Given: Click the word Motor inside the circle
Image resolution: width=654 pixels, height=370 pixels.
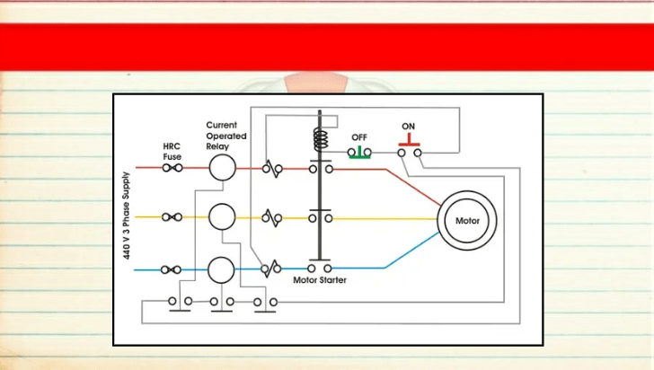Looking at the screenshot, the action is pos(467,221).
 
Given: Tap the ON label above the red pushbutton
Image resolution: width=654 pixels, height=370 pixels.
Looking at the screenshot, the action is pos(409,126).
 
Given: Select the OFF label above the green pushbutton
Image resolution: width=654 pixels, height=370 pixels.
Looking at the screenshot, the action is pos(359,137).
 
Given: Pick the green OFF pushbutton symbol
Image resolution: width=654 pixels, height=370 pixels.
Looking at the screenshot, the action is pos(359,153).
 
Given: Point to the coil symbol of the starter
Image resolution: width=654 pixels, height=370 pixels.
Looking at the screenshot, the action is pos(321,139).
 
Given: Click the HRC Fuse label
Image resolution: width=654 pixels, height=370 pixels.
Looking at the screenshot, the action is pos(172,152).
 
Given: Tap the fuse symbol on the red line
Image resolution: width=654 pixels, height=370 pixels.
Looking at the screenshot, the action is pos(172,168).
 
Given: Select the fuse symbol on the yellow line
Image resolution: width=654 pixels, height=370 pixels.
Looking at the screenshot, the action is pos(172,217).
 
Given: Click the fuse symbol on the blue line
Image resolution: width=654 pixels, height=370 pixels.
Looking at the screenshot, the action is pos(171,270).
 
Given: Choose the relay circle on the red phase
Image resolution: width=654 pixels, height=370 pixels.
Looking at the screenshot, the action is pos(222,167).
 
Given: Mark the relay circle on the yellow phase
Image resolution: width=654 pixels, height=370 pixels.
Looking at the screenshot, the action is pos(222,217).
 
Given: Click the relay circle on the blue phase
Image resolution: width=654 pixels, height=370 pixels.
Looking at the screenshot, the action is pos(221,270).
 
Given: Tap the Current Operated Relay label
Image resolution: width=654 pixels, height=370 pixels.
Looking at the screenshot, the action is pos(226,136).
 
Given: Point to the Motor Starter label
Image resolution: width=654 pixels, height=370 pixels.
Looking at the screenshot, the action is pos(320,280).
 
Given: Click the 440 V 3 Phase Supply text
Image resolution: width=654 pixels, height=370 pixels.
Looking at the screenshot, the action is pos(127,216).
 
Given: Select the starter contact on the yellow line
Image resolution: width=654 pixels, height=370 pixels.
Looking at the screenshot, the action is pos(321,218).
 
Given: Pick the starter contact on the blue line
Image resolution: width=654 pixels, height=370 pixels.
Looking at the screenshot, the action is pos(320,269).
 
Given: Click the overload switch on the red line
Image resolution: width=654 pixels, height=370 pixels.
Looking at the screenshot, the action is pos(272,169).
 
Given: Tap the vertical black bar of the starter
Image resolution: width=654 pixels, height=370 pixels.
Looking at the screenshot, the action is pos(320,185).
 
